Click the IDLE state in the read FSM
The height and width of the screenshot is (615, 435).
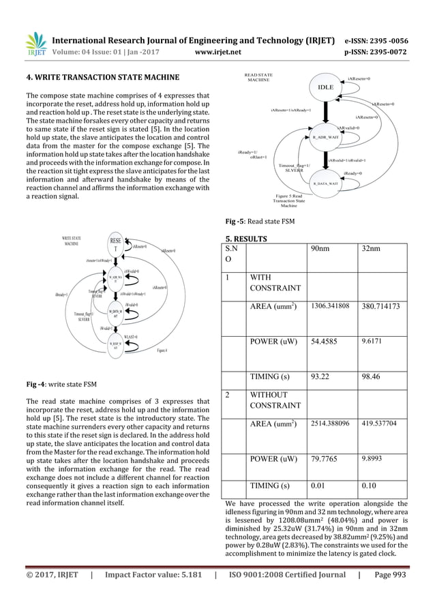326,88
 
